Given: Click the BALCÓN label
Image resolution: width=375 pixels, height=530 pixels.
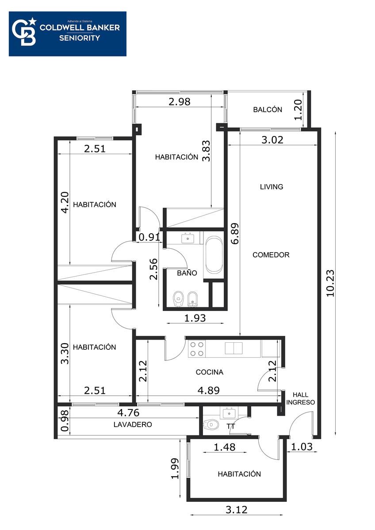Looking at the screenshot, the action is (268, 110).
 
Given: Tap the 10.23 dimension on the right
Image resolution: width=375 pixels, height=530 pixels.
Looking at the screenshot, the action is (330, 283).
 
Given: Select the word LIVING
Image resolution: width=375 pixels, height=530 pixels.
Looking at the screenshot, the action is (272, 187).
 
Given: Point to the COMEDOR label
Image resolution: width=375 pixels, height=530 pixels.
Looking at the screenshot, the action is (271, 255).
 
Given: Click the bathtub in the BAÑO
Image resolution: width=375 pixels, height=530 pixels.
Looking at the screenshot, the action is (214, 256).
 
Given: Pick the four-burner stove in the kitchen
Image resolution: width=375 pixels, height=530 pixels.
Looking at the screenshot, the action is (197, 349).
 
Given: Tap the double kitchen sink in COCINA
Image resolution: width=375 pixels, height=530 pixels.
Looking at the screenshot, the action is (233, 348).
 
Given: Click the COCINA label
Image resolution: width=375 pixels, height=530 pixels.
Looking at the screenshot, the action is (210, 372).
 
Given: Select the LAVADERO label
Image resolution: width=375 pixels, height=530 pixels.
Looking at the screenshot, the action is (133, 424).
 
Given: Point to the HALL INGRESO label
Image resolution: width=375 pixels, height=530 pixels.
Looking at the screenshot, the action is (300, 398).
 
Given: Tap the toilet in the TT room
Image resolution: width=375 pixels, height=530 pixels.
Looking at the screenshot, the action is (211, 424).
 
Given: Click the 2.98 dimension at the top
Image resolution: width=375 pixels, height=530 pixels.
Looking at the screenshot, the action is (180, 102).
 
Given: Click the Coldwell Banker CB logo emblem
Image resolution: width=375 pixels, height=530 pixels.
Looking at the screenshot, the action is (24, 32).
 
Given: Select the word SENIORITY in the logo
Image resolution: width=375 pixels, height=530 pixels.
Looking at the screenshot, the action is (80, 38).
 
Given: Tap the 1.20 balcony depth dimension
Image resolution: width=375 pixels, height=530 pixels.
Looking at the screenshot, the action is (298, 110).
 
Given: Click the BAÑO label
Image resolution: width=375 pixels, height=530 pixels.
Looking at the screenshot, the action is (187, 273).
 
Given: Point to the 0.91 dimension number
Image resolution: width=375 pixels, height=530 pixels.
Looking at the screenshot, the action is (149, 237).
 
